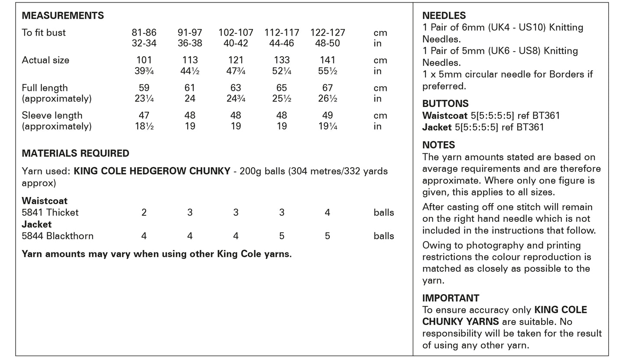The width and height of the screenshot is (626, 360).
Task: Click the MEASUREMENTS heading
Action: [x=63, y=16]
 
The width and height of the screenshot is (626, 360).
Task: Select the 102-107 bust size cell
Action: [x=236, y=33]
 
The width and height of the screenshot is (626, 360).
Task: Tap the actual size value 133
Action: [x=282, y=60]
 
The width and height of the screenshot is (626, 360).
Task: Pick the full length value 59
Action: [x=144, y=88]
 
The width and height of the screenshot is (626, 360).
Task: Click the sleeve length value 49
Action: [x=328, y=116]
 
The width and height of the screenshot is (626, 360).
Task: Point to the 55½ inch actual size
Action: [x=328, y=71]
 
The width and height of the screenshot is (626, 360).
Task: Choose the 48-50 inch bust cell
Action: [x=328, y=43]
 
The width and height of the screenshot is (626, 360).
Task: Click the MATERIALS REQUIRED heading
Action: [x=75, y=153]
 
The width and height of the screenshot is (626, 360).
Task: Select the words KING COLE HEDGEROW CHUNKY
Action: [x=152, y=171]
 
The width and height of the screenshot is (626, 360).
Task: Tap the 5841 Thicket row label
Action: [x=50, y=213]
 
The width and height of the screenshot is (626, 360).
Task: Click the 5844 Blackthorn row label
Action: [x=58, y=236]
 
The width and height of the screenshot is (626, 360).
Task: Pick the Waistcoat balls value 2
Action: [x=144, y=213]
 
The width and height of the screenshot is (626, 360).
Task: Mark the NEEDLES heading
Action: [x=444, y=16]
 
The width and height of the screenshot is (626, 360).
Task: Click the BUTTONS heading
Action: [x=445, y=104]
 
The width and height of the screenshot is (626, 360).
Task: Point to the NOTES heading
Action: [x=438, y=145]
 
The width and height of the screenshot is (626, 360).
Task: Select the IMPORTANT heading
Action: [x=451, y=298]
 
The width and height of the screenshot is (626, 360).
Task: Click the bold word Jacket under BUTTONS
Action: [x=437, y=127]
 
